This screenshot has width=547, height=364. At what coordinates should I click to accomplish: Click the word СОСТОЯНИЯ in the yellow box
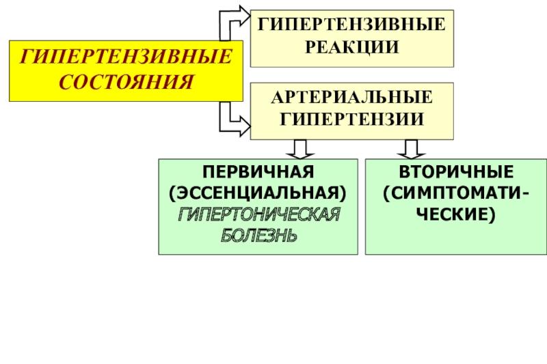click(x=126, y=82)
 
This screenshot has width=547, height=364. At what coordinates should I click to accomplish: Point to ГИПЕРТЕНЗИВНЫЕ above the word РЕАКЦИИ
click(x=352, y=26)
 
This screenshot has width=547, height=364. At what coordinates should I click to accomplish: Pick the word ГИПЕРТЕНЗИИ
click(x=352, y=117)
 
